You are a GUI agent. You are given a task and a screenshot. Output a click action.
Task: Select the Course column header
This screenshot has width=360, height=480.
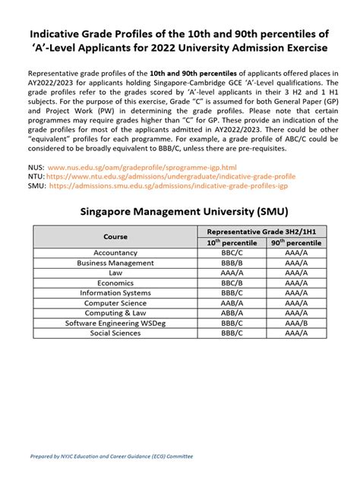(115, 236)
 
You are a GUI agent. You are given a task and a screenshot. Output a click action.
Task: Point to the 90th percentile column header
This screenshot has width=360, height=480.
(296, 242)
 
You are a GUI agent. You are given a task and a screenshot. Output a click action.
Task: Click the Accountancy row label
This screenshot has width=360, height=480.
(115, 253)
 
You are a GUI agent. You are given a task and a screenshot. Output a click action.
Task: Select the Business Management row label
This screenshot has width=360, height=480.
(115, 263)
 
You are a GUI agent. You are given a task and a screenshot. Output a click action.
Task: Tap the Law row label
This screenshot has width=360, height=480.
(115, 273)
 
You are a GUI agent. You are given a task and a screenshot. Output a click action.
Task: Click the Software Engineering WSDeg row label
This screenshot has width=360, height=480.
(115, 323)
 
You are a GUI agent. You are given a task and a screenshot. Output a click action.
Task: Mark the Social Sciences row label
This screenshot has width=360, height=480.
(115, 333)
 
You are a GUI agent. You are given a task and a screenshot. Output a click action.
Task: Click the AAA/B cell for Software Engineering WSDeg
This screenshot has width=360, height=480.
(296, 323)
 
